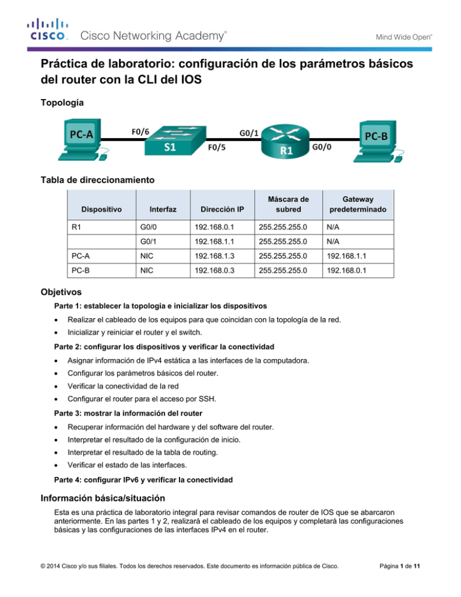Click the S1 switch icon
[169, 139]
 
